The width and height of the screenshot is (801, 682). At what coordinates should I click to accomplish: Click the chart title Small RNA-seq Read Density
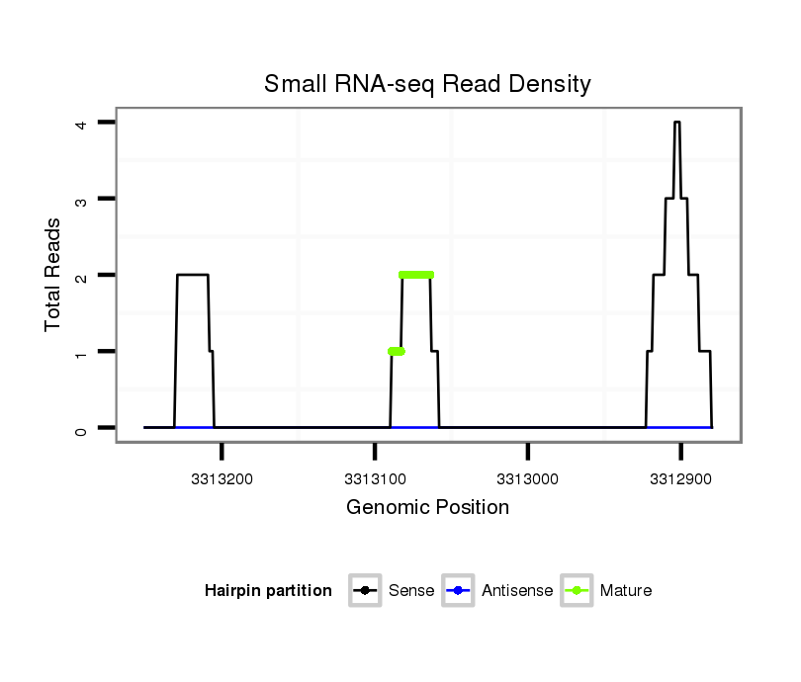pyautogui.click(x=427, y=84)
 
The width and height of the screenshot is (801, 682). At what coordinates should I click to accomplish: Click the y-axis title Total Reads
pyautogui.click(x=53, y=275)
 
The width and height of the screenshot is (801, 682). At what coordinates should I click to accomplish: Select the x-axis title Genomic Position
pyautogui.click(x=427, y=508)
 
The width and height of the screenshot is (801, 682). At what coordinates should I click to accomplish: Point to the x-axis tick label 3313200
pyautogui.click(x=222, y=478)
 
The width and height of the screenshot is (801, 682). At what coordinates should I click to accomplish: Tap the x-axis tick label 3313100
pyautogui.click(x=375, y=478)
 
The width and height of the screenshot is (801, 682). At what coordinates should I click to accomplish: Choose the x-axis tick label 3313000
pyautogui.click(x=527, y=478)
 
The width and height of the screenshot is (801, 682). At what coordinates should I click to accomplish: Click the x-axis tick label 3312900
pyautogui.click(x=680, y=478)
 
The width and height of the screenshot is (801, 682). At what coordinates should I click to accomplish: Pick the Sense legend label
pyautogui.click(x=411, y=591)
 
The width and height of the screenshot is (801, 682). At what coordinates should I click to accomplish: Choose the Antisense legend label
pyautogui.click(x=517, y=591)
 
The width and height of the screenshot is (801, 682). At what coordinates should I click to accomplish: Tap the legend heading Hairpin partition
pyautogui.click(x=268, y=591)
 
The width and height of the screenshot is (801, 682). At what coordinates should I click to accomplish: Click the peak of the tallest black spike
pyautogui.click(x=677, y=123)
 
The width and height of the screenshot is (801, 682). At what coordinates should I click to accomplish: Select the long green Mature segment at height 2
pyautogui.click(x=416, y=275)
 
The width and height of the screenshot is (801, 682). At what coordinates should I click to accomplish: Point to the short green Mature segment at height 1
pyautogui.click(x=397, y=351)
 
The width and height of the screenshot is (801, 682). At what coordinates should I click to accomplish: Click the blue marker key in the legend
pyautogui.click(x=460, y=591)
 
